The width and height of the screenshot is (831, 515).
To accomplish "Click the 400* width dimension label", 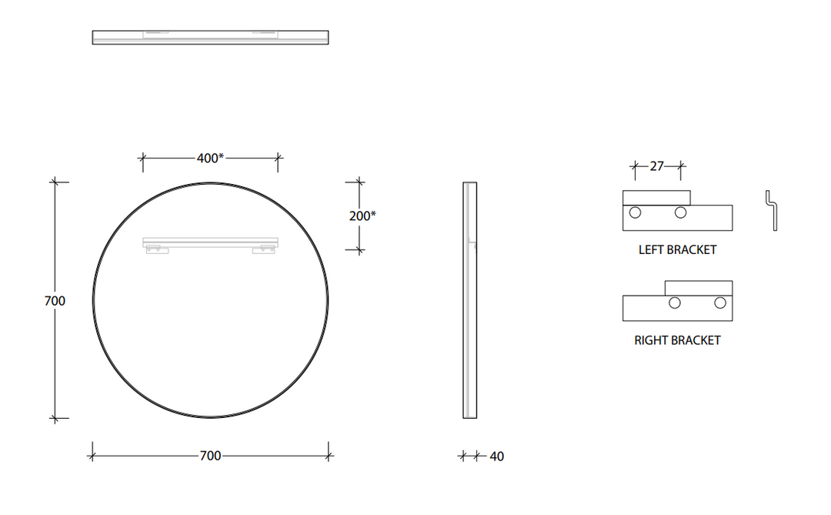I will (x=210, y=158).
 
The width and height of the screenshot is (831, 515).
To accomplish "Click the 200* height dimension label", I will (x=362, y=216).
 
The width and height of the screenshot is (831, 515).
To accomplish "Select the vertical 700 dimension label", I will (x=55, y=301).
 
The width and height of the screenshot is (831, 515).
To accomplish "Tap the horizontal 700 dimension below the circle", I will (x=210, y=456).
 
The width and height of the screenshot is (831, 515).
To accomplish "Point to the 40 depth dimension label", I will (x=496, y=456).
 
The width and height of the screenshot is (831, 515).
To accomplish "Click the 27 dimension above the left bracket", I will (x=656, y=166).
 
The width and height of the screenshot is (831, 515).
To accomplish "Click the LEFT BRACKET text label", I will (x=677, y=249).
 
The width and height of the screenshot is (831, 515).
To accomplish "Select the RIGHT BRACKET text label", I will (x=677, y=339).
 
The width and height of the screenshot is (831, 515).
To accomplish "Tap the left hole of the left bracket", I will (x=635, y=212).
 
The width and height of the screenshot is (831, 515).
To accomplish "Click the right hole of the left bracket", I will (x=680, y=212).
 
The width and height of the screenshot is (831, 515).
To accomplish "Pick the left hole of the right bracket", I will (x=675, y=303).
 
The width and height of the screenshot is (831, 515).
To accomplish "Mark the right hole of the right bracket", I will (x=720, y=303).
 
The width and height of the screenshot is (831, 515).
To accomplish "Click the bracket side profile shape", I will (x=772, y=210).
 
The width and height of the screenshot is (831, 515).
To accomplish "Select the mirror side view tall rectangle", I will (x=469, y=300).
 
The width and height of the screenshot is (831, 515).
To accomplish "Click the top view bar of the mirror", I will (x=210, y=37).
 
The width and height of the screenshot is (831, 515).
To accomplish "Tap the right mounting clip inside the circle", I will (x=267, y=248).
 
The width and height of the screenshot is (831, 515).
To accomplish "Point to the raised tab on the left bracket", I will (x=656, y=198).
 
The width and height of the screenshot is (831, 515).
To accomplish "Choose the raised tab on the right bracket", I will (x=699, y=288).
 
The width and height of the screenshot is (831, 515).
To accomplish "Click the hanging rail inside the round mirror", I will (x=210, y=242).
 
